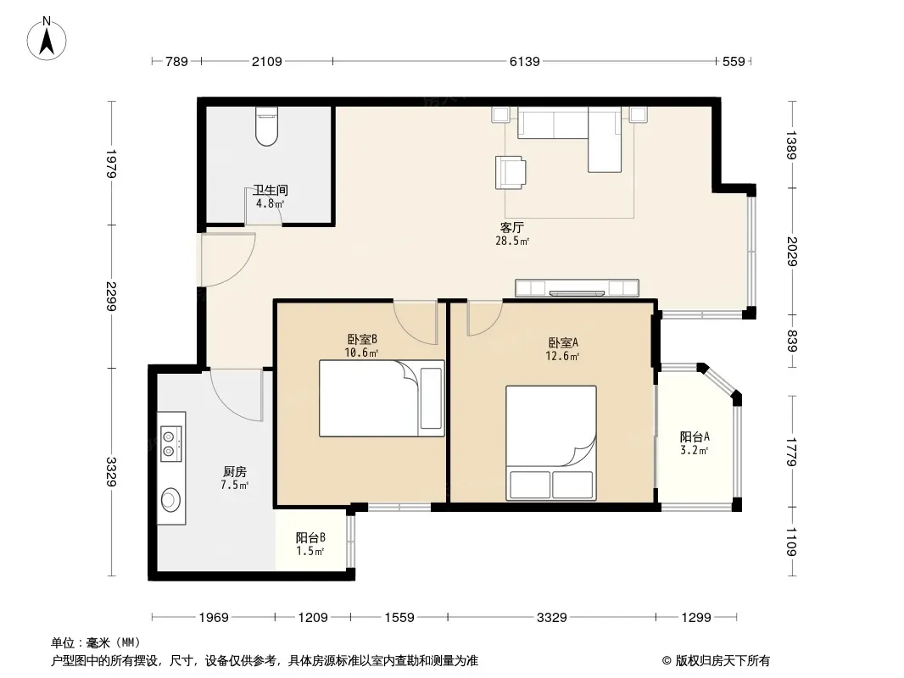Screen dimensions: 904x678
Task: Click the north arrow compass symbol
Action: tap(47, 39)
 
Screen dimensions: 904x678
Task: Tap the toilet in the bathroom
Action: tap(266, 126)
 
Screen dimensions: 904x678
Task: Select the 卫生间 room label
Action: tap(271, 190)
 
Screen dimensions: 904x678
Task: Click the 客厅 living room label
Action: tap(512, 227)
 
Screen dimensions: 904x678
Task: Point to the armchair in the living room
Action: tap(511, 172)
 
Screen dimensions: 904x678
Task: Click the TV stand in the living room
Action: tap(578, 287)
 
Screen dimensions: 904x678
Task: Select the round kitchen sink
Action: tap(170, 499)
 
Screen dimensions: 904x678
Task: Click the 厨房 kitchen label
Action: tap(235, 472)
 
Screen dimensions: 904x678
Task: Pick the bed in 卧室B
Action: tap(382, 398)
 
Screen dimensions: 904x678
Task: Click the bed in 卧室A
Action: tap(551, 443)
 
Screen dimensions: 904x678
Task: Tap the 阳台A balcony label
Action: tap(695, 436)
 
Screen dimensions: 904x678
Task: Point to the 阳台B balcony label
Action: tap(310, 537)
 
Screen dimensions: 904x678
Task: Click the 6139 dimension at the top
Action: tap(525, 61)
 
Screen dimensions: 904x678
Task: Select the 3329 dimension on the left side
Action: tap(111, 472)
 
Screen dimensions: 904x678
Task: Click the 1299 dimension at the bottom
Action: tap(696, 618)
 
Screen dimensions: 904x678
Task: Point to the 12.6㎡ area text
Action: tap(562, 356)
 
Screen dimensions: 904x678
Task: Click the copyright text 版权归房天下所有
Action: tap(723, 661)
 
